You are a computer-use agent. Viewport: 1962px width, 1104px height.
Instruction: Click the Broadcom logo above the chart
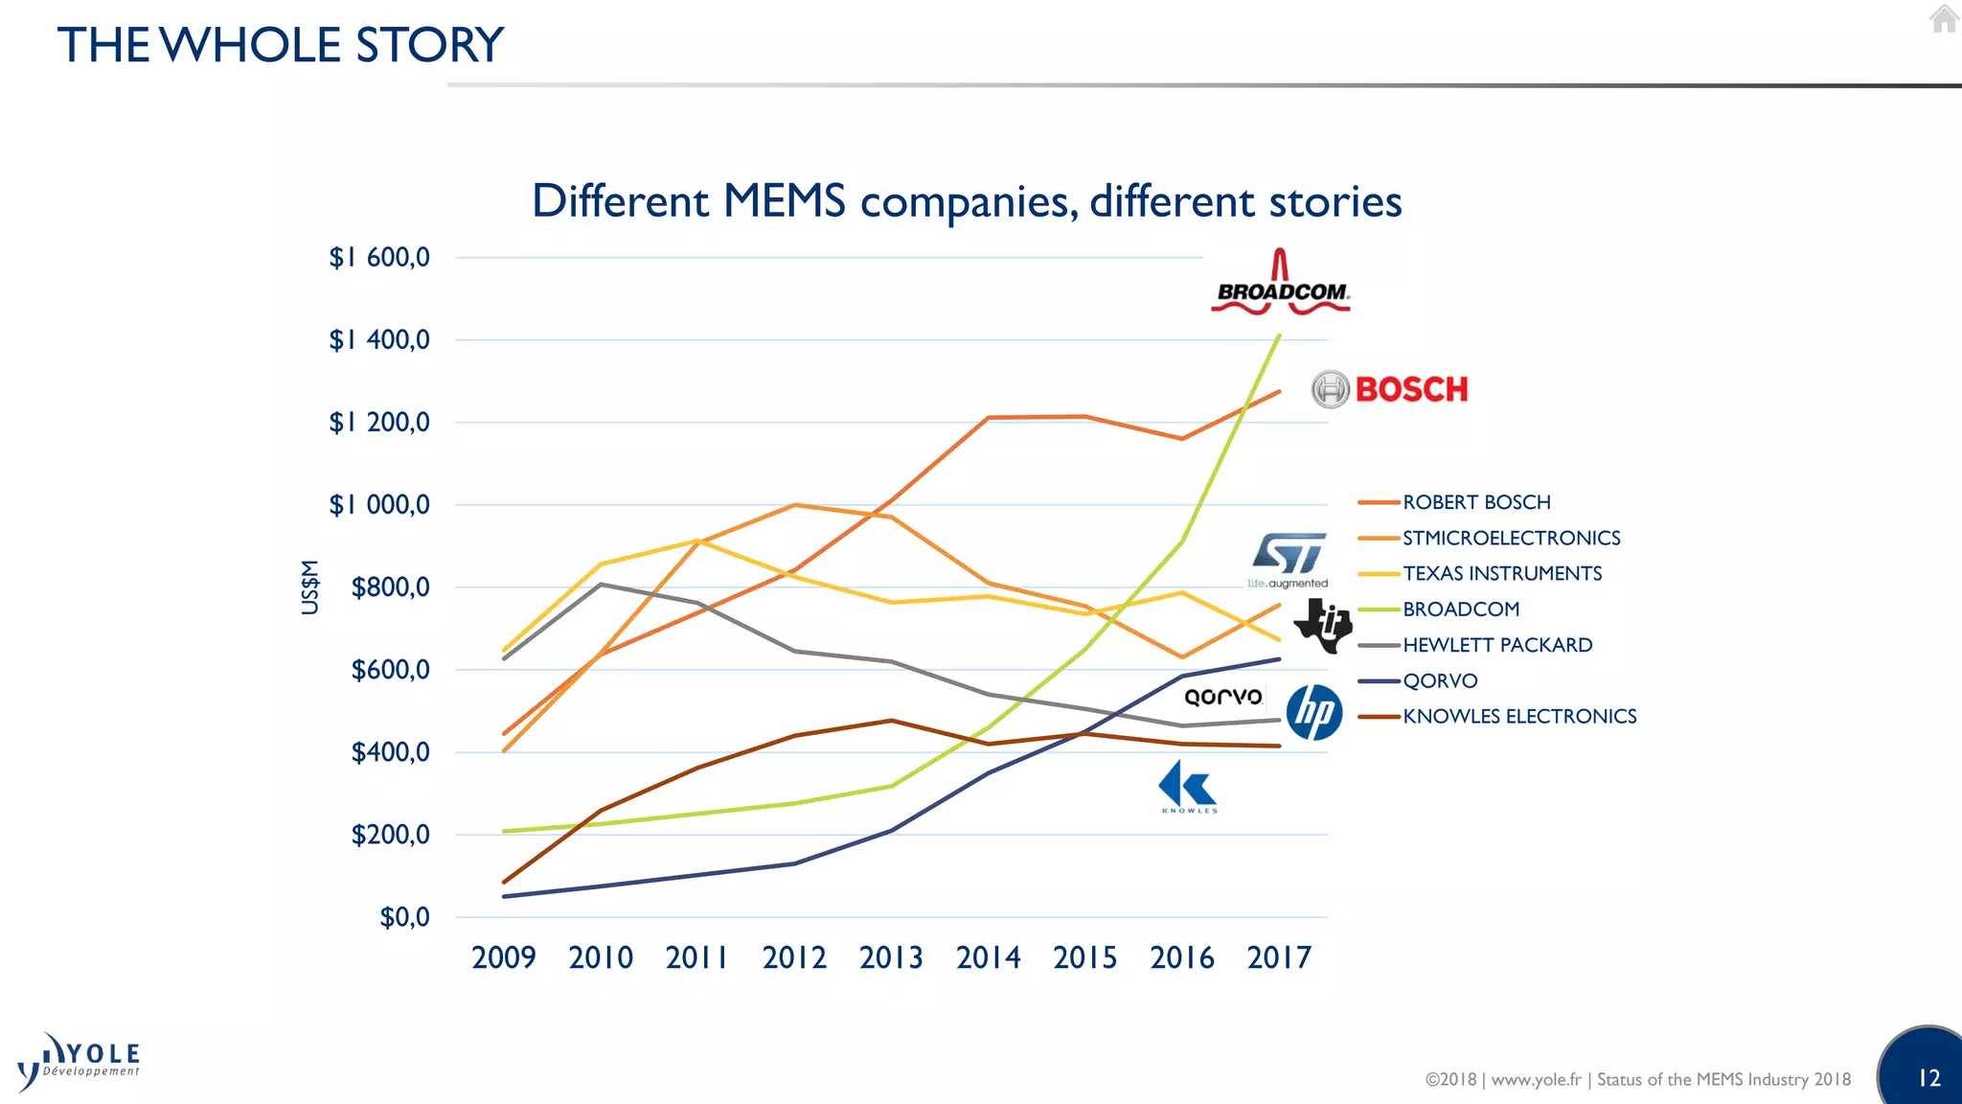click(1281, 285)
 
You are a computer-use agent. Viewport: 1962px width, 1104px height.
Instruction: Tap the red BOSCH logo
click(1390, 389)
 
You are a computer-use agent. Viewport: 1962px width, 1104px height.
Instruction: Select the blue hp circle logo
click(1313, 713)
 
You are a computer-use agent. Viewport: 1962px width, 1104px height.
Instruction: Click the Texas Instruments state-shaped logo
click(1323, 626)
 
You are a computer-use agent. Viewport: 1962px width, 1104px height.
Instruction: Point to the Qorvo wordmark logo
click(1223, 697)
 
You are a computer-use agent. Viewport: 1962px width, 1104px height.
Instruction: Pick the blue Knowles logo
click(1188, 787)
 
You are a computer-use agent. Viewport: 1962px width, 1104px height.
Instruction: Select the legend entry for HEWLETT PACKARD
click(1496, 645)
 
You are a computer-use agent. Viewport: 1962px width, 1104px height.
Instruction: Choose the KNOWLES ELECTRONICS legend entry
click(1518, 717)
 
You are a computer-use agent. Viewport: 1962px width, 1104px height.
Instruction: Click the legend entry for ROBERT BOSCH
click(1475, 502)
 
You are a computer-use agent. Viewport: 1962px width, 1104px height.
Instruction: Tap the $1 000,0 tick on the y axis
click(379, 505)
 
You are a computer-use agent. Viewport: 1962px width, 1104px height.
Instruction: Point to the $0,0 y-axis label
click(404, 917)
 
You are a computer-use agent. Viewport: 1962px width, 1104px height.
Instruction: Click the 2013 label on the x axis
click(891, 957)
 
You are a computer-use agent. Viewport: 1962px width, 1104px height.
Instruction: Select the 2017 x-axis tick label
click(1278, 957)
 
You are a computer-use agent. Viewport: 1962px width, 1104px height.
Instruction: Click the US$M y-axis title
click(309, 586)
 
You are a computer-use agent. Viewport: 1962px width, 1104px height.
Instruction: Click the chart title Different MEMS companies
click(966, 201)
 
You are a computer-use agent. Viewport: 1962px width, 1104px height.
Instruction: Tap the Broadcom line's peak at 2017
click(1279, 336)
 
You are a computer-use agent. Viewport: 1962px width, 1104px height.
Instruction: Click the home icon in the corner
click(1944, 18)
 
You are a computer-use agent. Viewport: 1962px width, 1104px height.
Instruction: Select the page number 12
click(1928, 1078)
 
